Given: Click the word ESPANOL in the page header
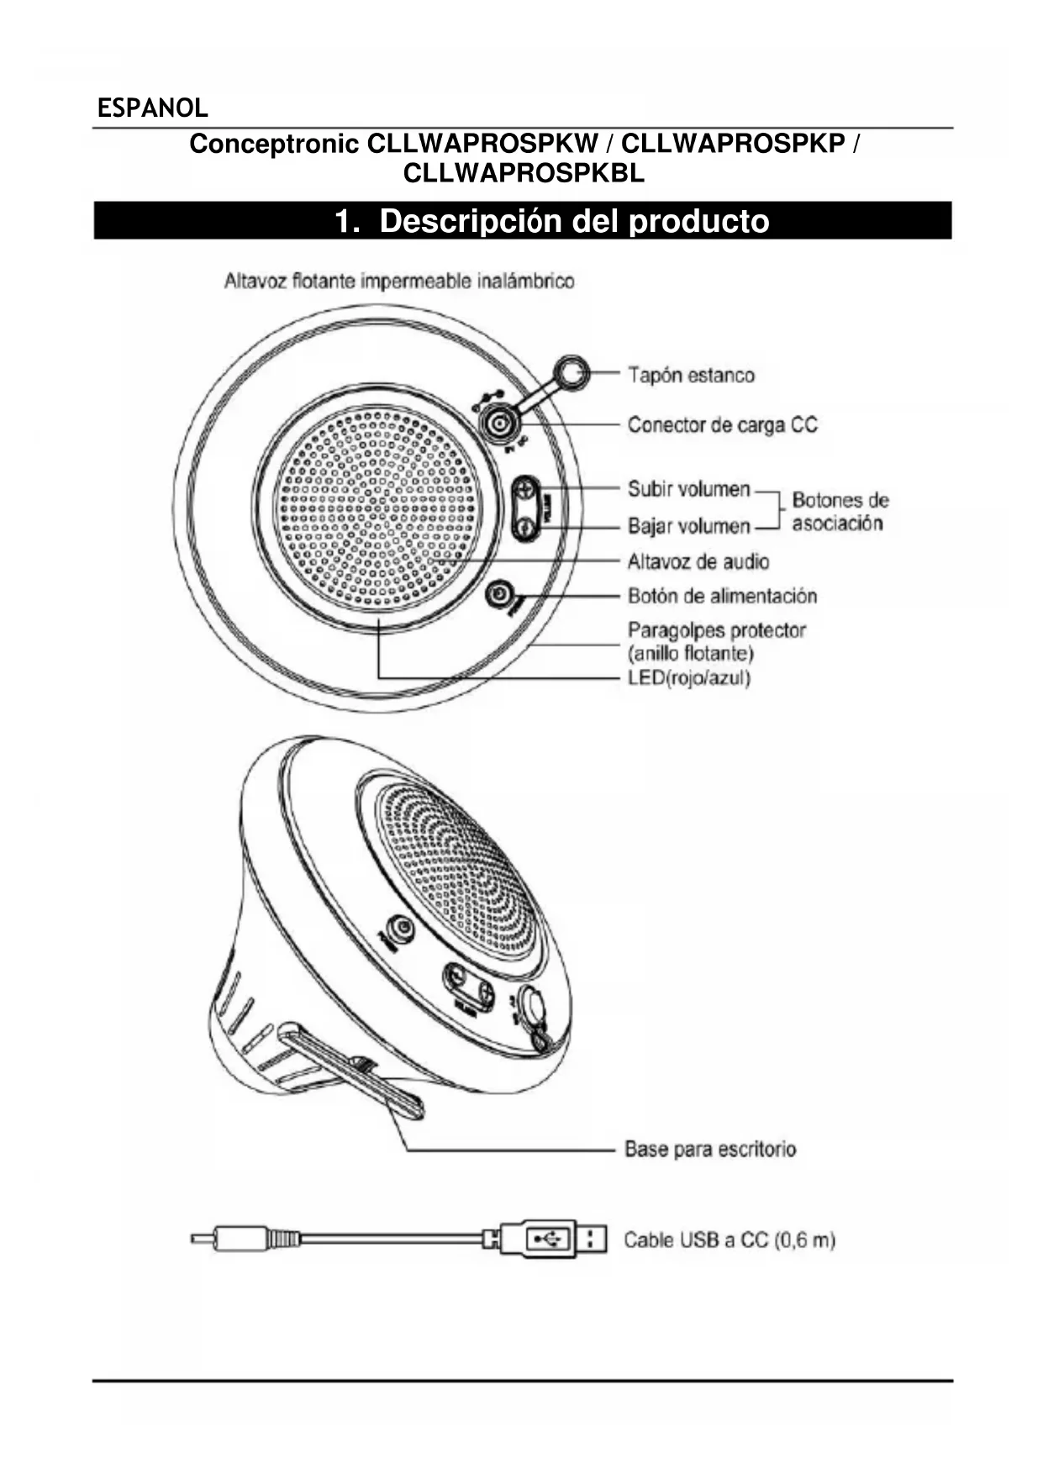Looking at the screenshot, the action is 152,108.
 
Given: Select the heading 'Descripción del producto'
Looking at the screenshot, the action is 551,221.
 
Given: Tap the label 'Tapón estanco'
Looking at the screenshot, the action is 691,375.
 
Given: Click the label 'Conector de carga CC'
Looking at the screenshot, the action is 722,424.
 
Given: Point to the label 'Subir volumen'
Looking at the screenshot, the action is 688,488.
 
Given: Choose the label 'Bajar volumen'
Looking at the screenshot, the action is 688,526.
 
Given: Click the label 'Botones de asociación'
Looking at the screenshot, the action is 839,512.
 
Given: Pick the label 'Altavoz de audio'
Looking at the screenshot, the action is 698,561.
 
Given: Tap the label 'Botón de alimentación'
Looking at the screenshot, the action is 722,596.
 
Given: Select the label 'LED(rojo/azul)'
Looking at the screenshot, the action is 688,677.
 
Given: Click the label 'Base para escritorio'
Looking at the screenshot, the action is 710,1148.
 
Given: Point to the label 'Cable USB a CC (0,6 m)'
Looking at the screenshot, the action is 729,1240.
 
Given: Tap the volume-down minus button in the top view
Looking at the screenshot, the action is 525,528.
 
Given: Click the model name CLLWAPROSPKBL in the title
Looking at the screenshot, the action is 524,173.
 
